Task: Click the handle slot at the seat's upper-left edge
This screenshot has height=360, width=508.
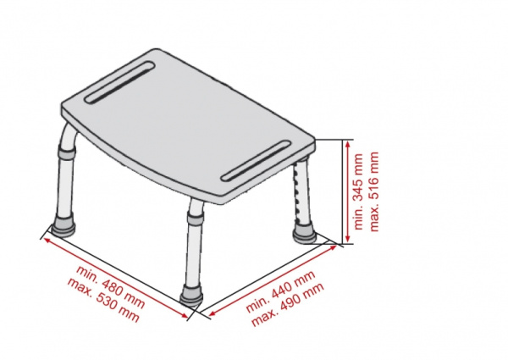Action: point(119,82)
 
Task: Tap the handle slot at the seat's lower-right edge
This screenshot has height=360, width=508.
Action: point(256,160)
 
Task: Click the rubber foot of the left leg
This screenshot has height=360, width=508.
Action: point(62,228)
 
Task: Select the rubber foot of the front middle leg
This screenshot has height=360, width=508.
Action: point(192,296)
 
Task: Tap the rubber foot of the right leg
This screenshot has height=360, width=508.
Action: point(304,235)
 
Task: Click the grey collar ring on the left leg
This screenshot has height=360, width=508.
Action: point(67,152)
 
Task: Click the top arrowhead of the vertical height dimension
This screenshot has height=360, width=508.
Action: point(348,145)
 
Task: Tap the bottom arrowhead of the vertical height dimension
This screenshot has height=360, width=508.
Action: point(348,238)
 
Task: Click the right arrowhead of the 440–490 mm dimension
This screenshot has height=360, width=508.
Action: point(332,248)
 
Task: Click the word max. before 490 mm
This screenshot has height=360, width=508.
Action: point(264,318)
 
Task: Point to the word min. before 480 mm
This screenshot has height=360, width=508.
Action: point(87,274)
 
